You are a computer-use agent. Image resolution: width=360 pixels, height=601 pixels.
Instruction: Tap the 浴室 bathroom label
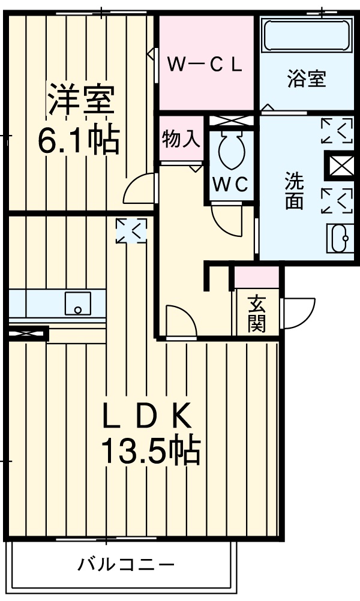tap(306, 79)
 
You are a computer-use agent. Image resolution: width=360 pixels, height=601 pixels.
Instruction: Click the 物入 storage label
tap(180, 139)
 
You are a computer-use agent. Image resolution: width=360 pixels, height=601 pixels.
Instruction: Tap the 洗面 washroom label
tap(294, 191)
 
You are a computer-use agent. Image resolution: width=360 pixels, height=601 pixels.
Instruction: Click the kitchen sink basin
tap(78, 303)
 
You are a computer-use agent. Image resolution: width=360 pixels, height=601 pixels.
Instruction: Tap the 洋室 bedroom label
tap(82, 101)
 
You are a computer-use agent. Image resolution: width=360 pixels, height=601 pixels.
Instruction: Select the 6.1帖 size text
tap(78, 141)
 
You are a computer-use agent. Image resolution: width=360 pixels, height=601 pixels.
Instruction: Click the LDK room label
tap(146, 417)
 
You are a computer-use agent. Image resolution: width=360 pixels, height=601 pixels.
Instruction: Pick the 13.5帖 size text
tap(149, 451)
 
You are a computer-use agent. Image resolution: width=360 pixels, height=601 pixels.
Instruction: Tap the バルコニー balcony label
tap(126, 564)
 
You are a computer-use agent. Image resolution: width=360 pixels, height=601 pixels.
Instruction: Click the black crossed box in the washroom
tap(339, 165)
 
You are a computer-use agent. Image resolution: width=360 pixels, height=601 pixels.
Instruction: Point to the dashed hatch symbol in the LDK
tap(131, 231)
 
